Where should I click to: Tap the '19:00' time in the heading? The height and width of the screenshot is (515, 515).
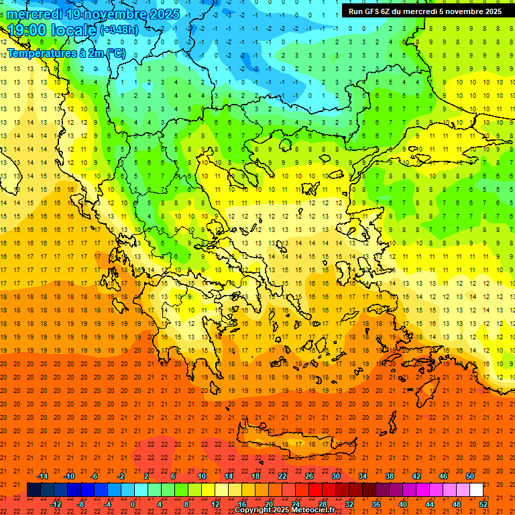pyautogui.click(x=25, y=30)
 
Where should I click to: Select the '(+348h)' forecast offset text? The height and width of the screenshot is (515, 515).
pyautogui.click(x=119, y=30)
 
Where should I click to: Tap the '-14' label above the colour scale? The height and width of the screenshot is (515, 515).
pyautogui.click(x=42, y=476)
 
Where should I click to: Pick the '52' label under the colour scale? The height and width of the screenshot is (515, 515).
pyautogui.click(x=483, y=504)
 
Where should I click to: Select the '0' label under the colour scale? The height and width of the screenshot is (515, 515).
pyautogui.click(x=133, y=504)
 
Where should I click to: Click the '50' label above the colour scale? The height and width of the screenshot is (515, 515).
pyautogui.click(x=469, y=476)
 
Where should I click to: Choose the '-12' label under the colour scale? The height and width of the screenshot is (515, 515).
pyautogui.click(x=56, y=504)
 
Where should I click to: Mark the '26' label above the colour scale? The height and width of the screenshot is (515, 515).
pyautogui.click(x=309, y=476)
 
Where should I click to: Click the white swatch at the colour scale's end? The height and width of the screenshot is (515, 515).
pyautogui.click(x=476, y=490)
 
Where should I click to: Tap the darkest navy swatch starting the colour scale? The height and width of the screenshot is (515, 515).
pyautogui.click(x=34, y=490)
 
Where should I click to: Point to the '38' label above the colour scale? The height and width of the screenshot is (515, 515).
pyautogui.click(x=390, y=476)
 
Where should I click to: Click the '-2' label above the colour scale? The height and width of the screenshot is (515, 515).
pyautogui.click(x=121, y=476)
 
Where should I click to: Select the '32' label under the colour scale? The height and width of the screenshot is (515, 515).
pyautogui.click(x=349, y=504)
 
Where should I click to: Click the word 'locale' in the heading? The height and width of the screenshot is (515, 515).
pyautogui.click(x=68, y=30)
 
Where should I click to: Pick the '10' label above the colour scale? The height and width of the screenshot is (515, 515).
pyautogui.click(x=201, y=476)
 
